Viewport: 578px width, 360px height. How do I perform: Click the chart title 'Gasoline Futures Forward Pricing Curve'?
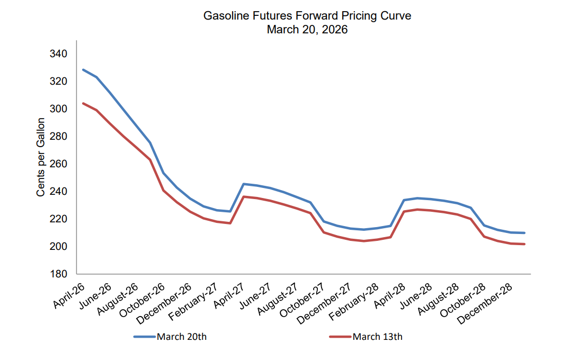coord(307,16)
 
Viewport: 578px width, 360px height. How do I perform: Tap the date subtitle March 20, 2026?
coord(307,30)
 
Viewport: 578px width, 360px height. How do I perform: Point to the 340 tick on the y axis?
coord(58,54)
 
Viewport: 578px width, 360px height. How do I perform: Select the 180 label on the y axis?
coord(58,274)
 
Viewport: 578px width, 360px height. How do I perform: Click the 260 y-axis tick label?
coord(58,164)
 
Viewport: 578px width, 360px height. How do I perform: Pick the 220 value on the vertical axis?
coord(58,219)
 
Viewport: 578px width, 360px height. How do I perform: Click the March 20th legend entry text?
coord(182,337)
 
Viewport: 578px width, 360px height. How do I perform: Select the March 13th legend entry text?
coord(378,337)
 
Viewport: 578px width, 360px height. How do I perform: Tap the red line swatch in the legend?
coord(340,337)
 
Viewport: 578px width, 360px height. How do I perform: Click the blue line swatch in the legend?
coord(144,337)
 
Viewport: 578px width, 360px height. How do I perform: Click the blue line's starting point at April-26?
coord(83,70)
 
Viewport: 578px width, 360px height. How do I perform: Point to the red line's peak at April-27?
coord(243,196)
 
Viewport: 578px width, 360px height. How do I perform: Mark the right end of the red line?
coord(524,244)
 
